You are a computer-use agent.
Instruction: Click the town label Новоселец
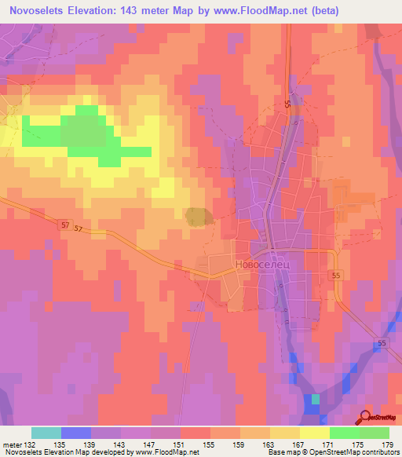coord(263,266)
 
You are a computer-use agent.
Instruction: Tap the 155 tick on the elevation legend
coord(210,444)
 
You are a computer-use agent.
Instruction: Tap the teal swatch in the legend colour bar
coord(46,433)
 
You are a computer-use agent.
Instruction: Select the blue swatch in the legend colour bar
coord(76,433)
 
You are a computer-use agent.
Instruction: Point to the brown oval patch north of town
coord(197,216)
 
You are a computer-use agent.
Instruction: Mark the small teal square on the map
coord(315,399)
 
